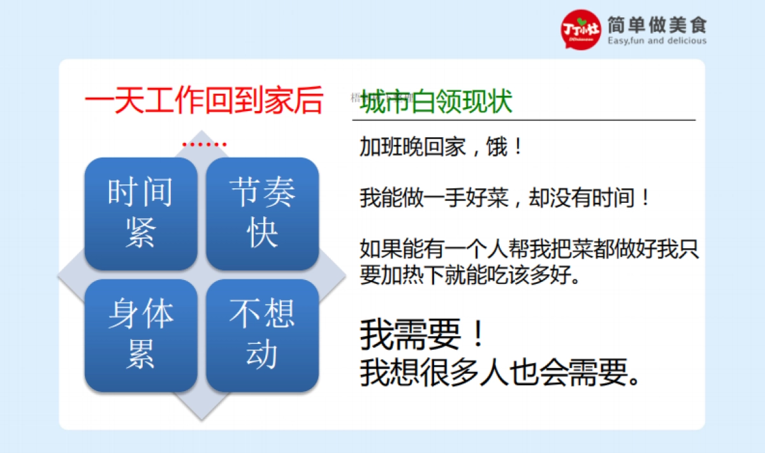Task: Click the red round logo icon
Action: pos(581,29)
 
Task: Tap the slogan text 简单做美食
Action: pos(657,25)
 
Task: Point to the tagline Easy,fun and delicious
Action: pos(657,41)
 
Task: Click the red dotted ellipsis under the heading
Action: pos(204,145)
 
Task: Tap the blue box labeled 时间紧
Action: pos(140,213)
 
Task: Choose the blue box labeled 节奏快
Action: pos(262,213)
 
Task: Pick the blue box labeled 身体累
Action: pos(140,335)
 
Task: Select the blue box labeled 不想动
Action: pos(262,335)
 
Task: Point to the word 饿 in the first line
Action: pos(498,148)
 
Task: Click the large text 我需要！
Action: pos(424,335)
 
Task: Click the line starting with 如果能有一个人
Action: pos(529,249)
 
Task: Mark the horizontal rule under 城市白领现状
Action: pos(523,119)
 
